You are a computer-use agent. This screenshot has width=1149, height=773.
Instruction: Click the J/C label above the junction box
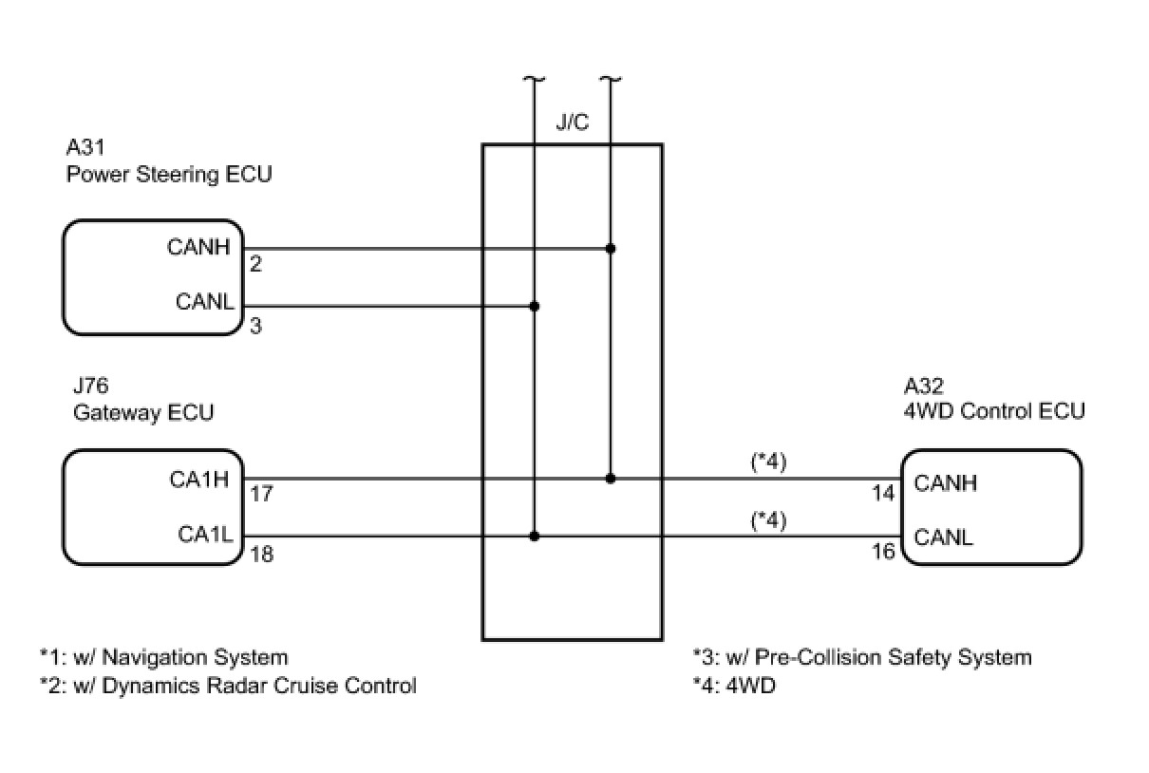572,124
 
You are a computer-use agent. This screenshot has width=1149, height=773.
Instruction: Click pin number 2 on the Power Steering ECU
255,265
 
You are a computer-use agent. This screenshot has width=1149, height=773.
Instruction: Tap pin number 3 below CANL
255,326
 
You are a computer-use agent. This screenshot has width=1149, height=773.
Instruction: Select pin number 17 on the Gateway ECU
261,495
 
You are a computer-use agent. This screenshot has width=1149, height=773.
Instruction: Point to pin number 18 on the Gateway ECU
261,554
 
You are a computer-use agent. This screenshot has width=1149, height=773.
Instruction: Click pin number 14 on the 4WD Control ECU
883,494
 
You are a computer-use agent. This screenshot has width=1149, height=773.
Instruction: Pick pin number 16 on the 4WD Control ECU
883,552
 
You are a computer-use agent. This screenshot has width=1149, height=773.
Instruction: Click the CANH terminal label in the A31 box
199,247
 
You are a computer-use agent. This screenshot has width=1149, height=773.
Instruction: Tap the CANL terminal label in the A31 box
204,302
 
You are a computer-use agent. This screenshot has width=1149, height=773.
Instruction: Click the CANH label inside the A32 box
946,482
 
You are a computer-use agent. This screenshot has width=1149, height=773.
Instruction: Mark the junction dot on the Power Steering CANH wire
611,249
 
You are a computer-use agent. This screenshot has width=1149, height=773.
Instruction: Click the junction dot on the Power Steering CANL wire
535,306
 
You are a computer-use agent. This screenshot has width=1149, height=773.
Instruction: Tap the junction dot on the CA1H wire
611,479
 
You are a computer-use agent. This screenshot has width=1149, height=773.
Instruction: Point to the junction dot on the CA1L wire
535,537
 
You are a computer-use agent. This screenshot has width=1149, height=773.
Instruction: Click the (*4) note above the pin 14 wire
768,462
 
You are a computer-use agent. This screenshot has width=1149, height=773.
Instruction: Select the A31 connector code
85,147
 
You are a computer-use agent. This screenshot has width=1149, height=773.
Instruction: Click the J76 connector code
90,386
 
